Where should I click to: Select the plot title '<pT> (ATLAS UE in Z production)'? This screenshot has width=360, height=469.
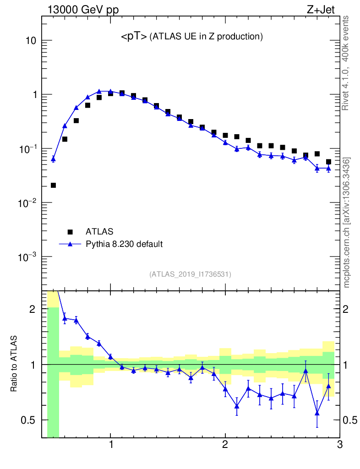(191, 37)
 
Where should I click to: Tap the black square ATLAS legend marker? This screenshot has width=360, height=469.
(70, 231)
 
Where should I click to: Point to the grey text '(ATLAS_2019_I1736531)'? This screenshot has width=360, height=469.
(190, 274)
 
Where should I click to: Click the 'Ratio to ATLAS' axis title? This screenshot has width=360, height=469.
(14, 364)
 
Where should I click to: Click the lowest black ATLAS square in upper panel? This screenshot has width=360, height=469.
(53, 185)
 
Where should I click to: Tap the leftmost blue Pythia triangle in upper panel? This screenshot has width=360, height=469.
(53, 159)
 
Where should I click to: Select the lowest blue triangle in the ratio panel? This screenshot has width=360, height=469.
(317, 413)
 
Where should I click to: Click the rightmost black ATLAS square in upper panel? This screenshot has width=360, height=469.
(328, 162)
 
